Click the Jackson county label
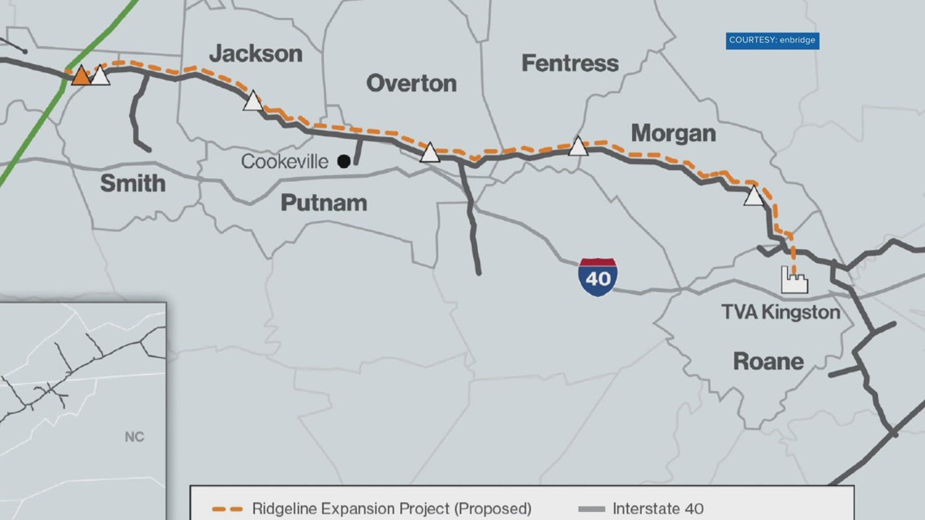point(256,54)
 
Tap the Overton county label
point(411,83)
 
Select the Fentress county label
point(570,62)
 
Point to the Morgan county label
point(673,133)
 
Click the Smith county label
point(132,183)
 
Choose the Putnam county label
point(324,203)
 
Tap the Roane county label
point(768,360)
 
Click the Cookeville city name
point(285,161)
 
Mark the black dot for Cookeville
point(344,161)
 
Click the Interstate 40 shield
point(597,277)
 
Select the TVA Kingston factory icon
point(794,279)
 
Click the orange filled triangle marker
point(81,76)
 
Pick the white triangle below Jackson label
point(253,101)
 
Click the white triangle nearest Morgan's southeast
point(754,196)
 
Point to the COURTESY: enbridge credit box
point(772,40)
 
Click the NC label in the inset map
point(135,437)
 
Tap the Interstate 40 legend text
point(658,509)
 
